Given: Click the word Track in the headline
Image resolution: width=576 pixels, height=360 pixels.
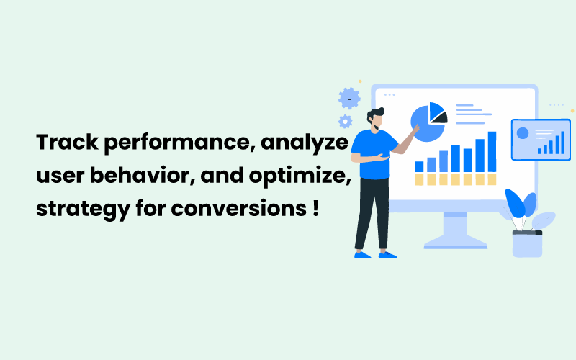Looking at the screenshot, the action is tap(67, 142).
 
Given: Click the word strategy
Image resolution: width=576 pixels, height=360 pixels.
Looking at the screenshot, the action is tap(84, 210).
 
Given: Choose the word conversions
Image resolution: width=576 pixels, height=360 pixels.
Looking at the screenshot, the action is tap(239, 209).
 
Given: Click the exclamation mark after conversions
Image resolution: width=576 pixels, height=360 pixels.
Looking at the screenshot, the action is tap(316, 208).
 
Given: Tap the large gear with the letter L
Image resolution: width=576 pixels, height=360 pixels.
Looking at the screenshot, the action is tap(349, 98).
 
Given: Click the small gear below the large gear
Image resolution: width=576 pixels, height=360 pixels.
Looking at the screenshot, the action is tap(346, 121).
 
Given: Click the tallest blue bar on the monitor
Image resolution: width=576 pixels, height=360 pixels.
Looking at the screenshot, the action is tap(492, 152).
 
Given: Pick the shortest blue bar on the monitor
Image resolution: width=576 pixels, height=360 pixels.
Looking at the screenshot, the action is tap(419, 166).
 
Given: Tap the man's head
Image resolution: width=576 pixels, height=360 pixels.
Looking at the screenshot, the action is tap(375, 119).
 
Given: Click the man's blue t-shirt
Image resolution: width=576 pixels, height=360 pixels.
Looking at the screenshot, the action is tap(374, 154).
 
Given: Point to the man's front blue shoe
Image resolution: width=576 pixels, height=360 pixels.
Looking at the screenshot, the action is tap(387, 255).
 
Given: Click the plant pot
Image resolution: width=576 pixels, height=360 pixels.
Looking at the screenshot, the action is tap(527, 243).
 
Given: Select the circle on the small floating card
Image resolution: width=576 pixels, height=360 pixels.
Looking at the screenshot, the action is tap(523, 133).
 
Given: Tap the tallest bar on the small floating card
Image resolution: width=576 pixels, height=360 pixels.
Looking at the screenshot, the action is tap(563, 143).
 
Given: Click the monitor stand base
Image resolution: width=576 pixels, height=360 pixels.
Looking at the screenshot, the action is tap(456, 243).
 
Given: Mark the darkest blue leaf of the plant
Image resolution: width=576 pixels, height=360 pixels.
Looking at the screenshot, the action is tap(514, 203).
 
